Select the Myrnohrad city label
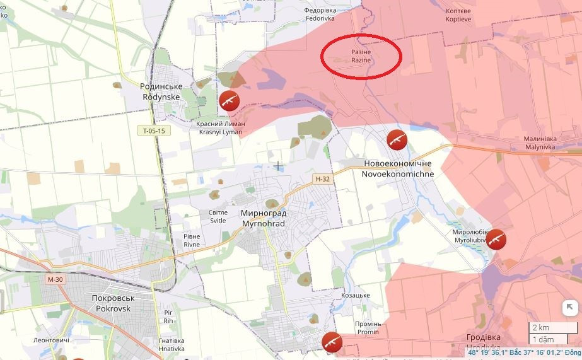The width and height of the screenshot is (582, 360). point(264,218)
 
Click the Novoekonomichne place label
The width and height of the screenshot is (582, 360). point(398,168)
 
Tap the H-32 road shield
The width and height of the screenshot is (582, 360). point(322,179)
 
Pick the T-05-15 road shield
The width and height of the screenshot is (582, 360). point(153,131)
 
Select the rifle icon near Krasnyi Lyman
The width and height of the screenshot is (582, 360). point(229,100)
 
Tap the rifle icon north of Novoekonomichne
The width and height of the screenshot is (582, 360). point(397,139)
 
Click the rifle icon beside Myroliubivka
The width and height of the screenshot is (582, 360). point(496,239)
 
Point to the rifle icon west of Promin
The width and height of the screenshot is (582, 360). point(332,342)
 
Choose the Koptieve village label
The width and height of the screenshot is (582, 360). point(458,15)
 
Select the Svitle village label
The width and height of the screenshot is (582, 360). point(218,217)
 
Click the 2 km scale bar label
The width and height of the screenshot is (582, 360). point(540,327)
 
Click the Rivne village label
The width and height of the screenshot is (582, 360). point(192,240)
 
